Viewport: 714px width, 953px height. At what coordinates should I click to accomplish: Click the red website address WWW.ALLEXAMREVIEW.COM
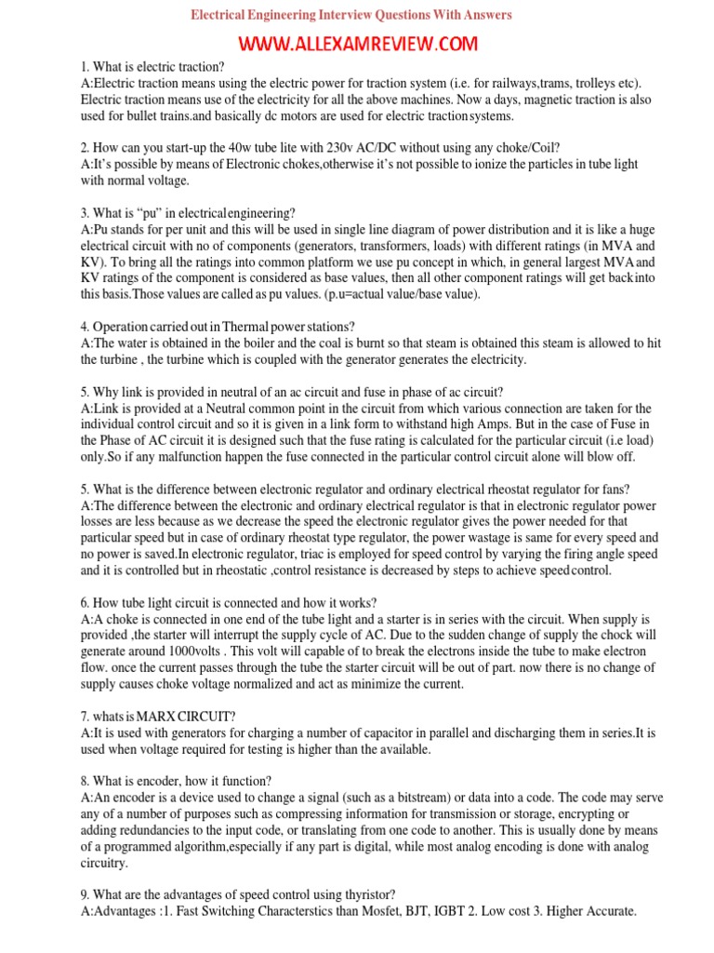click(x=358, y=44)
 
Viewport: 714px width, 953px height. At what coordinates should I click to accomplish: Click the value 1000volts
click(x=209, y=652)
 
